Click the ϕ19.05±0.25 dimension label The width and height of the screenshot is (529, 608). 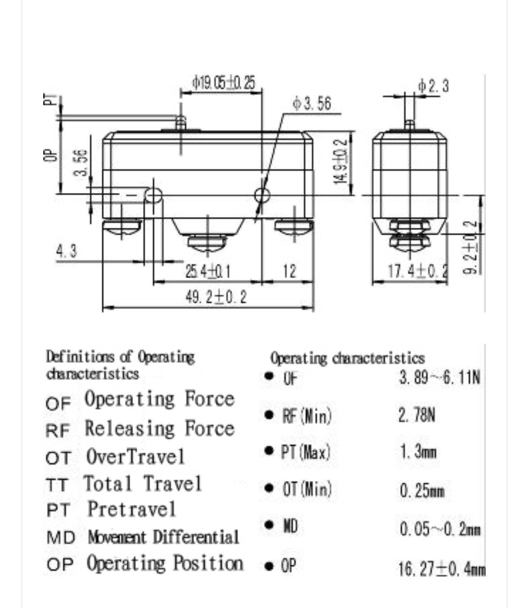(224, 83)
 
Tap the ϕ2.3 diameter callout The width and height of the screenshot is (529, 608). (434, 86)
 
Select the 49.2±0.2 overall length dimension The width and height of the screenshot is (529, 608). (216, 297)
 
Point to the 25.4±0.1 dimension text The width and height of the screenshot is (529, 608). (207, 272)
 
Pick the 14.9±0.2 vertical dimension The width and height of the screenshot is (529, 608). (340, 161)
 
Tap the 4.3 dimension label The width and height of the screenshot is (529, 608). (66, 251)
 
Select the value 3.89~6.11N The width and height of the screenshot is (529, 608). (440, 378)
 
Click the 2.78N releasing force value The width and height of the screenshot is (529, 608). (417, 415)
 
